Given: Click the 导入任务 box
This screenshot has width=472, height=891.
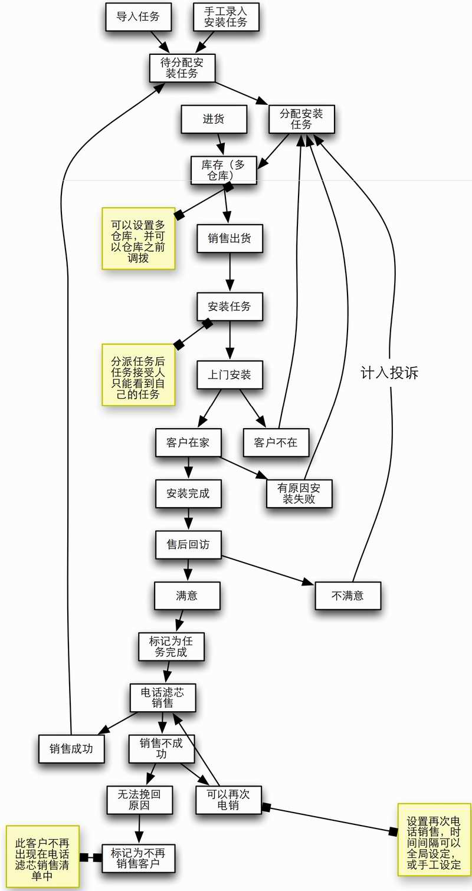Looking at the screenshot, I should [x=138, y=17].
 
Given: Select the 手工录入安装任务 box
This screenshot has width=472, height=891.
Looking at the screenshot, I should [x=226, y=17].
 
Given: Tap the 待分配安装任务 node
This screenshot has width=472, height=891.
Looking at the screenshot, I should [x=182, y=68].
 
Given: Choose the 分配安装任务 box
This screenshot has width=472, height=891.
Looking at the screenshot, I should [x=301, y=119].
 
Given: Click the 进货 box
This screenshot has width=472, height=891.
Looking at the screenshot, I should [x=214, y=119].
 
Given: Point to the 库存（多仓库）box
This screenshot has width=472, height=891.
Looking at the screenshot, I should [x=224, y=170].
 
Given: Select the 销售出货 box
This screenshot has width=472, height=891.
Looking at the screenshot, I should [x=230, y=238].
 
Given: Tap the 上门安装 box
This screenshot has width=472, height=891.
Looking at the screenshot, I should [x=230, y=374].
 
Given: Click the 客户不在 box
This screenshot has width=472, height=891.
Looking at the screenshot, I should [x=276, y=442].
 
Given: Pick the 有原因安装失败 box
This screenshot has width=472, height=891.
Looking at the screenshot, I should [x=299, y=494].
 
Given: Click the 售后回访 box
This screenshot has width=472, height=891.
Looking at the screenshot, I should [x=188, y=544].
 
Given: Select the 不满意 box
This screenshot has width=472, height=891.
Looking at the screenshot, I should [x=348, y=596].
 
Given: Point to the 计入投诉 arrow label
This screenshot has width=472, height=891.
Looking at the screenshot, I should [x=389, y=373].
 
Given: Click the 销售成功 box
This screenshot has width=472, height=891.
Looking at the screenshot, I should [x=71, y=749].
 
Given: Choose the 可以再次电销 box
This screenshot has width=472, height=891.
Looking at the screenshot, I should [x=228, y=800].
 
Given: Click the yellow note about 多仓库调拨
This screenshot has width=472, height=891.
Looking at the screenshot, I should [x=139, y=238].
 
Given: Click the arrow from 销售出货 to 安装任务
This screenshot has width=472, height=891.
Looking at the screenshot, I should [x=230, y=272].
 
